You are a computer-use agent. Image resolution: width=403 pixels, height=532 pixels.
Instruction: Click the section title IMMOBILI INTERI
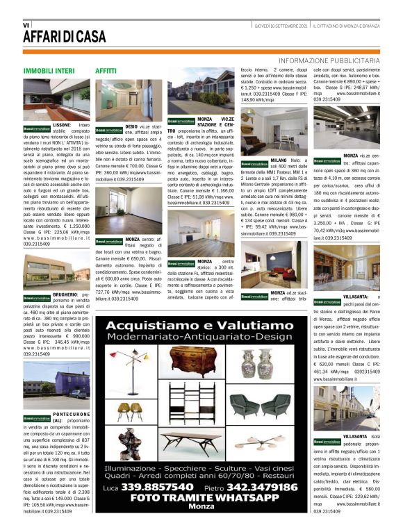(x=49, y=71)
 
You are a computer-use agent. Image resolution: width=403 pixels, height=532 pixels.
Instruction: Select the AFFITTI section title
(x=106, y=71)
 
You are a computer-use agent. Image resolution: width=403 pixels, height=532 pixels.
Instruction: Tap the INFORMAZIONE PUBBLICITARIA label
(x=329, y=61)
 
